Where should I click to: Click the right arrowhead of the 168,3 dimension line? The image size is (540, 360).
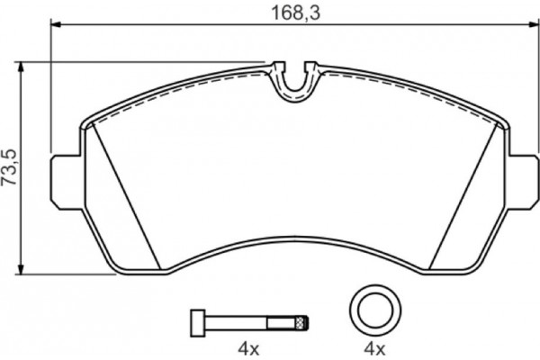point(530,27)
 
